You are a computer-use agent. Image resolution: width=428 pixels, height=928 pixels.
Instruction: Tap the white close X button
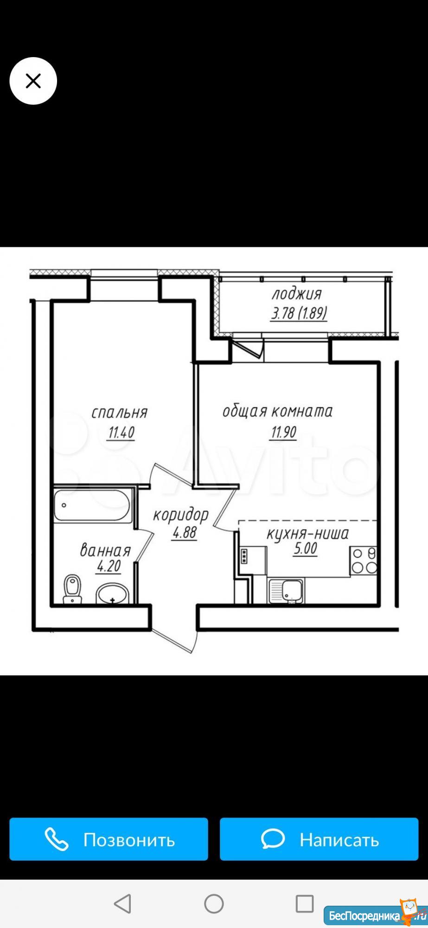tap(33, 81)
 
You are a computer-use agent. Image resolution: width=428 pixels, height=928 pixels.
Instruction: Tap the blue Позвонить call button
tap(109, 839)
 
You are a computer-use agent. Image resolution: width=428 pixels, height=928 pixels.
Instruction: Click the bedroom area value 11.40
tap(121, 433)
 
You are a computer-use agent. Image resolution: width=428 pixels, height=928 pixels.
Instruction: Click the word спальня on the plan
tap(120, 412)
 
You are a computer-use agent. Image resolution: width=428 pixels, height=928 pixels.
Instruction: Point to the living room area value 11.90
tap(283, 432)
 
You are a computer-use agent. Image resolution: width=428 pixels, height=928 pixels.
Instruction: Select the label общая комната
tap(277, 411)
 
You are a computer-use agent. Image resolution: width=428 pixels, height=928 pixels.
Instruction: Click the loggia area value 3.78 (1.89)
tap(299, 314)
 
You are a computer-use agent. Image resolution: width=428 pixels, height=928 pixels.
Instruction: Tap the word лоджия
tap(296, 294)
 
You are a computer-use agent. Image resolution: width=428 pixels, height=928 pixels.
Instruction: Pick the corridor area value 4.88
tap(185, 533)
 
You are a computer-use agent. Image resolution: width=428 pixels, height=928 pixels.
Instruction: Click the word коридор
tap(181, 515)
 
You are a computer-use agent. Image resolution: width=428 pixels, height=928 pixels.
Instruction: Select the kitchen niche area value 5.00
tap(305, 549)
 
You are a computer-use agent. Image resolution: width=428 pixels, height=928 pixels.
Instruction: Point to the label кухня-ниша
tap(307, 534)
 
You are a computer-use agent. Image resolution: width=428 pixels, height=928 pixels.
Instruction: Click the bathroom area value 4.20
tap(109, 566)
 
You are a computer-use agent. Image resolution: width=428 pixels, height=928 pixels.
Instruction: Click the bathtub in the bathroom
tap(93, 505)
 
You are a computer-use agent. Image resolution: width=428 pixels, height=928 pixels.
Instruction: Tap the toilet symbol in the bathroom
tap(72, 589)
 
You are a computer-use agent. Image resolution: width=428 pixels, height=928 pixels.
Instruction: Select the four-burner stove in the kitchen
tap(364, 561)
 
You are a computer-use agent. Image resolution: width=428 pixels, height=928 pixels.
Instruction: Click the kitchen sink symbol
tap(286, 591)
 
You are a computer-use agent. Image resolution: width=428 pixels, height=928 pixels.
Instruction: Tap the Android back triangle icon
tap(122, 904)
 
